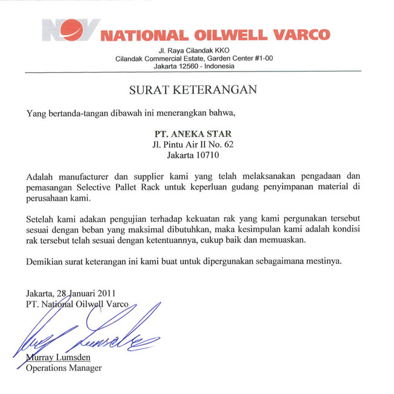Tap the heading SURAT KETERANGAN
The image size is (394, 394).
(193, 90)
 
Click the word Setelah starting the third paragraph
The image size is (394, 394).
(42, 218)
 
